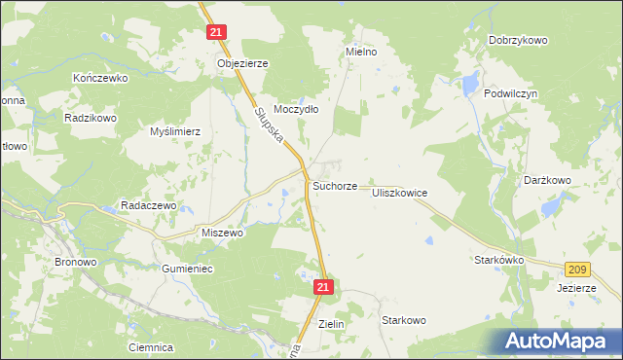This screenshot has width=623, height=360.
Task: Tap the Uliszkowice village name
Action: pos(399,194)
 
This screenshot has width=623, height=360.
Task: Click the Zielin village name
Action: pos(332,324)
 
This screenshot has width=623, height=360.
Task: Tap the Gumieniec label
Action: pos(188,268)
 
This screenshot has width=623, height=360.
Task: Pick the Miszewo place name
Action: pos(222,234)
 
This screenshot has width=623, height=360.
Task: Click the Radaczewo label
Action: pos(147,205)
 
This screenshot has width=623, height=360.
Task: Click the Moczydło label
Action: pos(296,109)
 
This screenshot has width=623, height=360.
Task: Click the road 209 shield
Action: pos(576,268)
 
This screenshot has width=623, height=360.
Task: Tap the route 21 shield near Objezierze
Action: pos(217,32)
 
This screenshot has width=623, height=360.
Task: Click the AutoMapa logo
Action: pos(558,341)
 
